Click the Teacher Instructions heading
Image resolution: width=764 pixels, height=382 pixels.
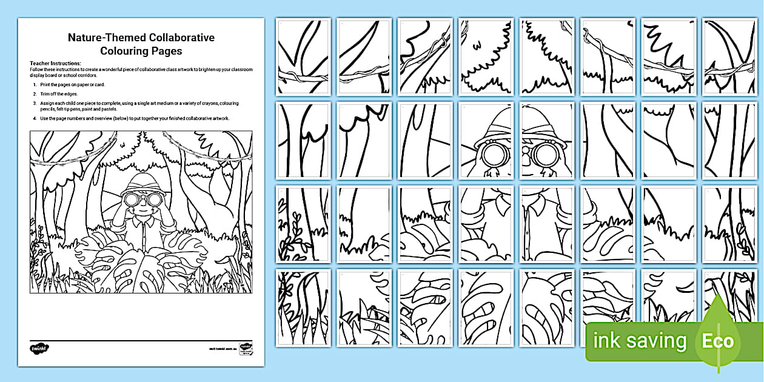[x=55, y=63]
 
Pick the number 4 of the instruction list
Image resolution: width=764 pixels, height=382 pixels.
[x=34, y=118]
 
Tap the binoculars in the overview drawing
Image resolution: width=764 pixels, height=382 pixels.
[x=141, y=199]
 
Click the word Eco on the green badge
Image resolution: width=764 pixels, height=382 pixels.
[x=718, y=341]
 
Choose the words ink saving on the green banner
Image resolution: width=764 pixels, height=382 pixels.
[x=640, y=341]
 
